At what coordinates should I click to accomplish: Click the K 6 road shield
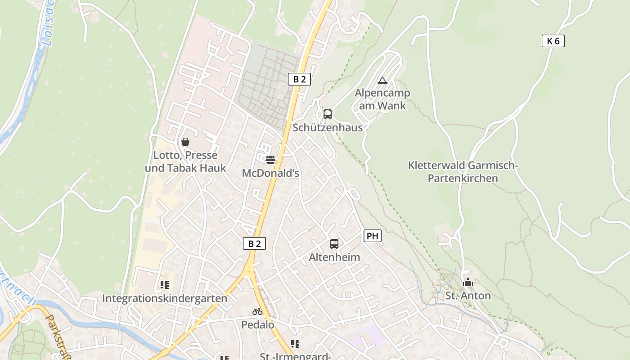tap(553, 41)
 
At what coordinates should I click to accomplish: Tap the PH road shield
tap(372, 235)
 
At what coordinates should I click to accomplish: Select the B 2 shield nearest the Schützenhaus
tap(299, 79)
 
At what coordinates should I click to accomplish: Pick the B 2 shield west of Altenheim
tap(254, 243)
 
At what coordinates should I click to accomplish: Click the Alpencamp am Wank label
tap(382, 99)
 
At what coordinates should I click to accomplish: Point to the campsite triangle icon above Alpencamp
tap(382, 81)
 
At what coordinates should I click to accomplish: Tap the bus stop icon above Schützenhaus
tap(328, 114)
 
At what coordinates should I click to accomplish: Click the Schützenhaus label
tap(328, 127)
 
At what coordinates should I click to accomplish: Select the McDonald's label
tap(270, 173)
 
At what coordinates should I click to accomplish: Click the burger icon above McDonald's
tap(270, 159)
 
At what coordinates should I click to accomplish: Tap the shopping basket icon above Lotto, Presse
tap(185, 142)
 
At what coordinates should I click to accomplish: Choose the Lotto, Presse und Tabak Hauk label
tap(185, 162)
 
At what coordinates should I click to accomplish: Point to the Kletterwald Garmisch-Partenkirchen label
tap(463, 172)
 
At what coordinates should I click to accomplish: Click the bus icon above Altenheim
tap(334, 244)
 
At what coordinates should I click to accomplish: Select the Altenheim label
tap(334, 257)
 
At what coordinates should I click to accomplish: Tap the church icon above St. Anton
tap(468, 283)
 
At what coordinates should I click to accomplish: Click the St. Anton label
tap(468, 296)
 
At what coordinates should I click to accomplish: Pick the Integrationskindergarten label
tap(165, 298)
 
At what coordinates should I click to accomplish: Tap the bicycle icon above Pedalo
tap(257, 311)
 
